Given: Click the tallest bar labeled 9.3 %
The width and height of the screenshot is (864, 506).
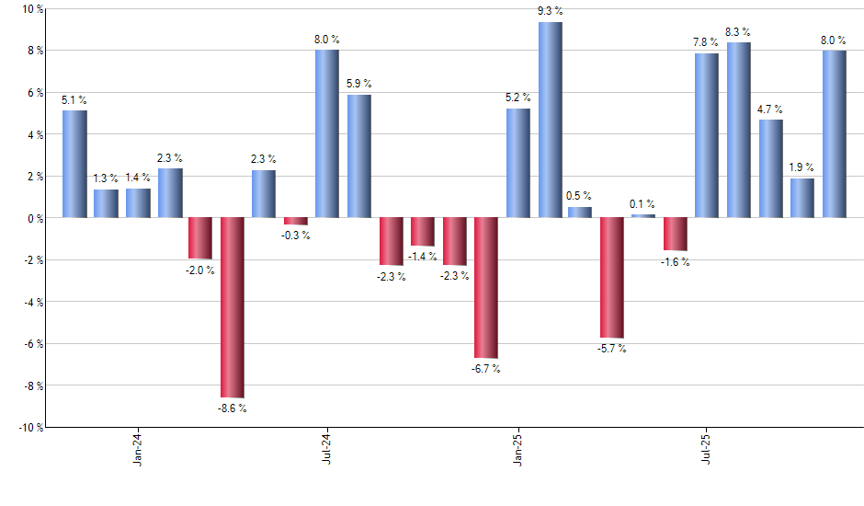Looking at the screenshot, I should pos(551,120).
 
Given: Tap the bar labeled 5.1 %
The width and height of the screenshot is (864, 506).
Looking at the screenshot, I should pos(74,164).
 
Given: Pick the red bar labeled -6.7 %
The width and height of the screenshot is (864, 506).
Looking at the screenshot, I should pos(486,287).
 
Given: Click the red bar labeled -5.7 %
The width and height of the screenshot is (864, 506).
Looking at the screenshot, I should pos(613,278).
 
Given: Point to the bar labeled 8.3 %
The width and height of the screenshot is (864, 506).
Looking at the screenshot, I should pos(740,130).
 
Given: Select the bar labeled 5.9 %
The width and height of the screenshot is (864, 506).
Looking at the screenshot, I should pos(359,155).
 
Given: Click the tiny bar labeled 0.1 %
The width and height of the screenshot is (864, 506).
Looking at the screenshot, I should pos(643,216).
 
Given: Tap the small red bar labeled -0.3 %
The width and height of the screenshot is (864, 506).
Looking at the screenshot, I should pos(296,221).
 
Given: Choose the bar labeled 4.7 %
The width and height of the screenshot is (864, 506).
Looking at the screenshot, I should pos(771,168).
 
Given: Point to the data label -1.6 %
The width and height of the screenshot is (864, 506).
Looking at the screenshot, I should pos(676,262).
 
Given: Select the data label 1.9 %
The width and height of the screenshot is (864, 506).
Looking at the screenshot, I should pos(802,167).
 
